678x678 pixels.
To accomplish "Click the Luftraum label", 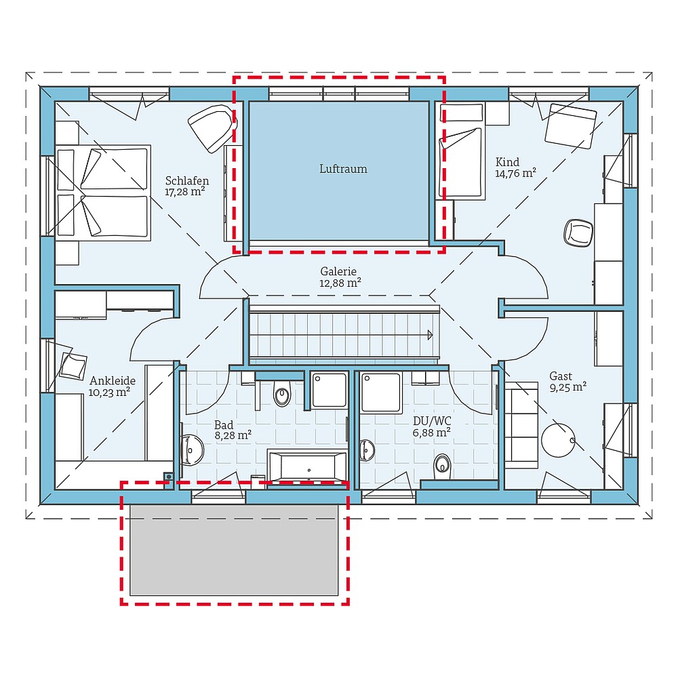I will click(343, 169).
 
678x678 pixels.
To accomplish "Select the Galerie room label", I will click(338, 271).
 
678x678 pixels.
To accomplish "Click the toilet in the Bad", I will click(281, 394).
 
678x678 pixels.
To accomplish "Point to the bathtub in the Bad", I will click(308, 467).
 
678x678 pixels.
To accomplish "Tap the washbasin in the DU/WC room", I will click(367, 448).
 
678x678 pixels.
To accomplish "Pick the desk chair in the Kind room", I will click(578, 233).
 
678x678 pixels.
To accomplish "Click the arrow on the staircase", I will click(429, 334).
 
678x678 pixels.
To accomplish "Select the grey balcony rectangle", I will click(234, 549).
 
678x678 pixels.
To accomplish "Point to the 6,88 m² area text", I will click(432, 432).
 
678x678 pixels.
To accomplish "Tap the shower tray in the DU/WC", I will click(382, 391).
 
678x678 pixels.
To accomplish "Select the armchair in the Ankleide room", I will click(73, 365).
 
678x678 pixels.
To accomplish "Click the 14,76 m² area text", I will click(516, 173).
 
